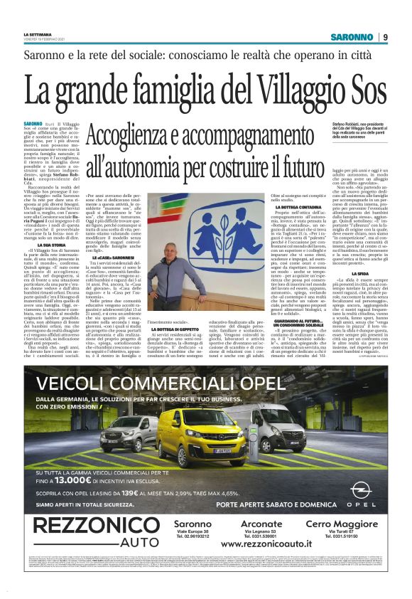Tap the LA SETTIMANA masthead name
(38, 33)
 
